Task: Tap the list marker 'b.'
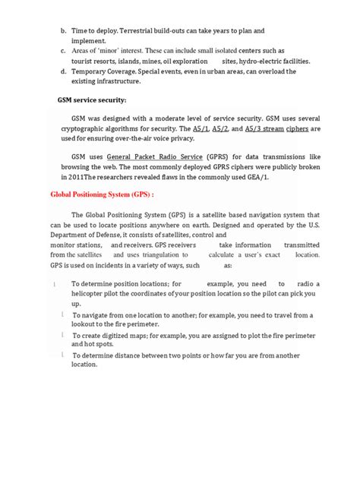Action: tap(63, 31)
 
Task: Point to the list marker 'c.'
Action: tap(63, 51)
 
